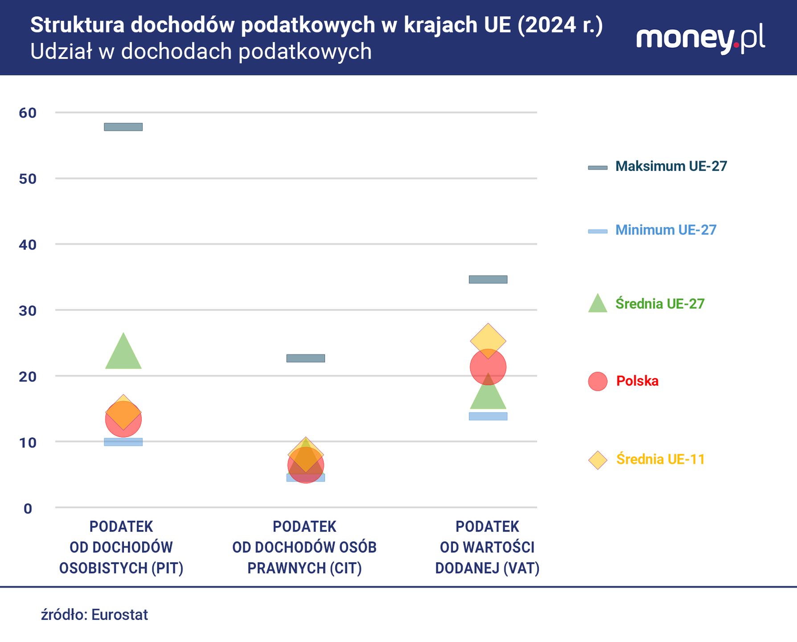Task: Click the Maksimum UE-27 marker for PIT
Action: [123, 127]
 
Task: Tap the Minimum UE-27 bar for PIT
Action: [123, 442]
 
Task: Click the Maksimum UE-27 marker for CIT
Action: [305, 358]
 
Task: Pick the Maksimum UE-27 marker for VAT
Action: [488, 280]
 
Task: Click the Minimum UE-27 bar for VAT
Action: [488, 416]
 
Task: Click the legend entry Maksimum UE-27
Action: [670, 166]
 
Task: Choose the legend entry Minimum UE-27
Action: [665, 230]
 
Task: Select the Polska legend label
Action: [637, 381]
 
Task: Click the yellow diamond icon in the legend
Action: [598, 460]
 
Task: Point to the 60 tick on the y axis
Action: [28, 113]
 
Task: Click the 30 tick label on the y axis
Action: [28, 311]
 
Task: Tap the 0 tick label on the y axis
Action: [28, 509]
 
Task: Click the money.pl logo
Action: [700, 39]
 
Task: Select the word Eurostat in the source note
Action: [119, 615]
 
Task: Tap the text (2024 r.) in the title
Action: [560, 25]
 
